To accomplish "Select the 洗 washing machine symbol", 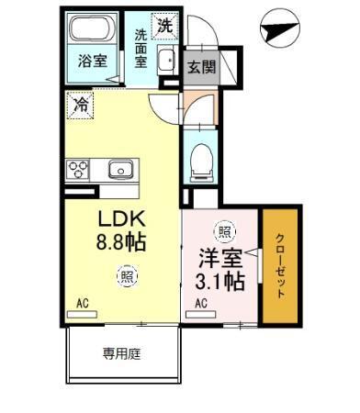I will click(x=164, y=27).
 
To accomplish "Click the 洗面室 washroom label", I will click(x=141, y=49).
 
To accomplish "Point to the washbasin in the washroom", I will click(x=165, y=61).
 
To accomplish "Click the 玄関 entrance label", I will click(x=201, y=66).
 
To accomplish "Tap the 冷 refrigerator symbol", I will click(x=80, y=106).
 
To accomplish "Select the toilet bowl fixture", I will click(x=199, y=162).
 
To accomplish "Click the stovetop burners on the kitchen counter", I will click(x=77, y=170).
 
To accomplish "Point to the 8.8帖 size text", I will click(x=122, y=244).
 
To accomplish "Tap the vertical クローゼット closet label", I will click(x=281, y=264).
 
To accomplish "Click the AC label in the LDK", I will click(x=83, y=301).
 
